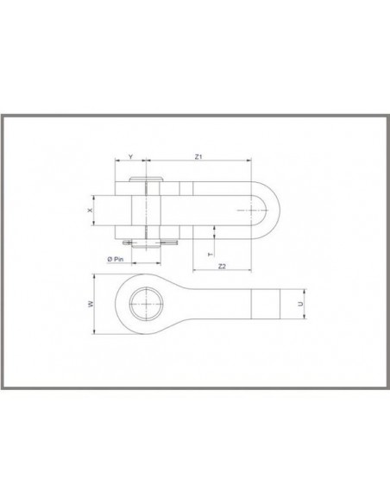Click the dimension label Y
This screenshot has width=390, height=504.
130,156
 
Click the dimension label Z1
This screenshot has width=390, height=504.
198,156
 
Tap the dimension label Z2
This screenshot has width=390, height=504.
222,264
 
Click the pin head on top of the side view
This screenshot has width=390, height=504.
148,182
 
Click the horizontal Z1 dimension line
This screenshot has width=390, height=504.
198,162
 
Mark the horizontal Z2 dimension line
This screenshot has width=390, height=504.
222,270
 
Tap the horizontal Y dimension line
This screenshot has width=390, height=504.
130,162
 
